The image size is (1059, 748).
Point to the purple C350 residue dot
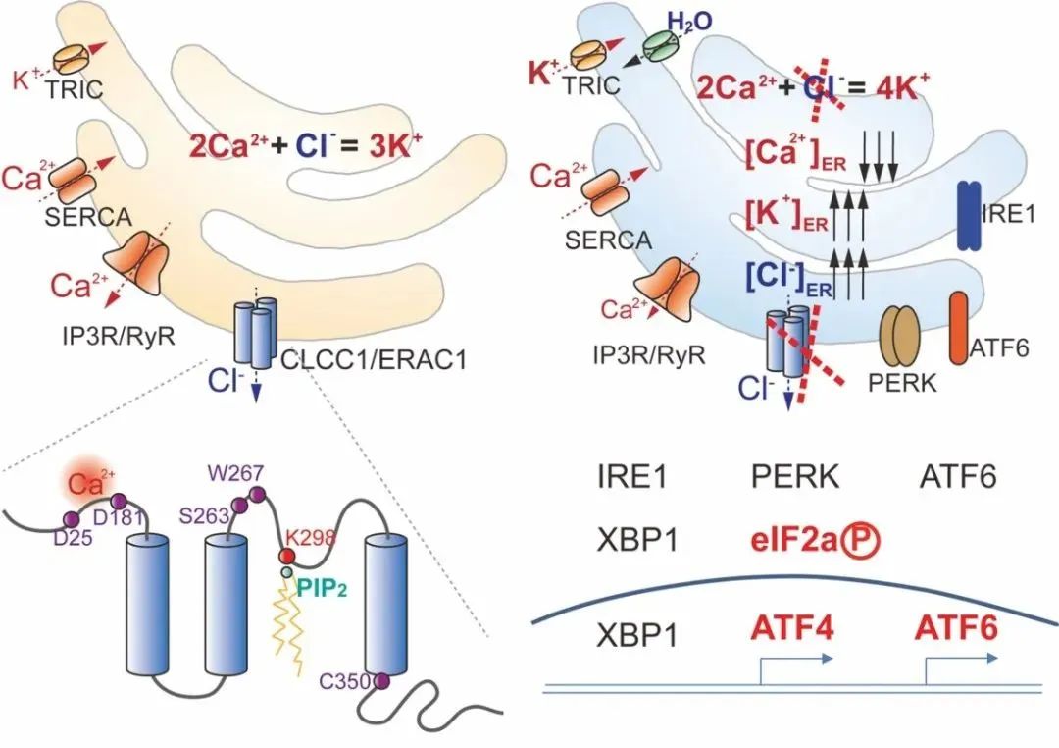[381, 679]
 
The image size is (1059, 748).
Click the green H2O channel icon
[659, 42]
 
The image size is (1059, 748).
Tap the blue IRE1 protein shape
[970, 213]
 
